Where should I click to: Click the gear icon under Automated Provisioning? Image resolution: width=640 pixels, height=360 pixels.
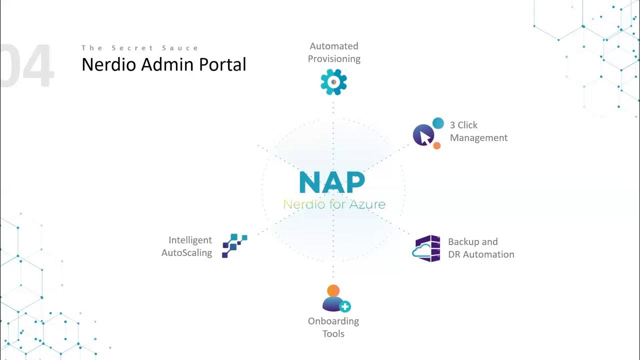(333, 82)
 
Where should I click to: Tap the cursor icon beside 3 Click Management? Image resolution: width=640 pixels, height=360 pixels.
(423, 135)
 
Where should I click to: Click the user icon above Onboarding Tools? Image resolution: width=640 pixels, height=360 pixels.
(333, 298)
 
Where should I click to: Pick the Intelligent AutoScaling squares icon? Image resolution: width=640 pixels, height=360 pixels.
(234, 245)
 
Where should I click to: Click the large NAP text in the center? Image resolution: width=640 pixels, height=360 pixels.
(332, 182)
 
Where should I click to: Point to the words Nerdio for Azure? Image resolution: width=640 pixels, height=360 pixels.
(334, 204)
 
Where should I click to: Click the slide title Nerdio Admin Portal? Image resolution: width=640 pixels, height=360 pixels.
(163, 64)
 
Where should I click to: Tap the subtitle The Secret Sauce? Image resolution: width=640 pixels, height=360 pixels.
(140, 48)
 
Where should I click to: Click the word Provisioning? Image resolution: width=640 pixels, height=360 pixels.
(334, 58)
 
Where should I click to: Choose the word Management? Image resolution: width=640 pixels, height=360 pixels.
(478, 137)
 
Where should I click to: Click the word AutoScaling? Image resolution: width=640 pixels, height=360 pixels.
(186, 253)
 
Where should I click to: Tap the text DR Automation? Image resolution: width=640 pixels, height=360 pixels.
(481, 254)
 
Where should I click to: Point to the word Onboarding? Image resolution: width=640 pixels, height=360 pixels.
(333, 321)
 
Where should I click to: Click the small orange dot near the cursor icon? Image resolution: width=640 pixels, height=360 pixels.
(436, 145)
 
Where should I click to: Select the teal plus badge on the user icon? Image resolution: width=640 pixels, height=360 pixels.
(345, 306)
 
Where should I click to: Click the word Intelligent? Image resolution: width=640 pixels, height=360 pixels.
(190, 240)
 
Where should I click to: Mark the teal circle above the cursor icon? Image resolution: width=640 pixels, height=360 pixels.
(438, 123)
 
